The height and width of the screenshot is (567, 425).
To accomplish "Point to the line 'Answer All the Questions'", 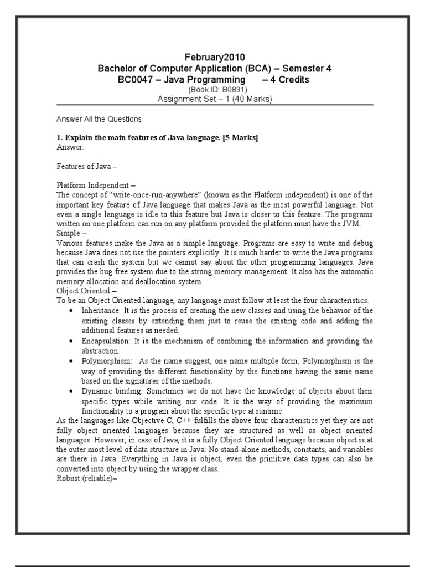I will click(x=99, y=118).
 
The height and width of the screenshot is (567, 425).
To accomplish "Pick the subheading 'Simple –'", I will click(x=70, y=233).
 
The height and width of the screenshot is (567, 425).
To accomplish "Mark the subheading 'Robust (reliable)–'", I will click(x=87, y=479).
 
